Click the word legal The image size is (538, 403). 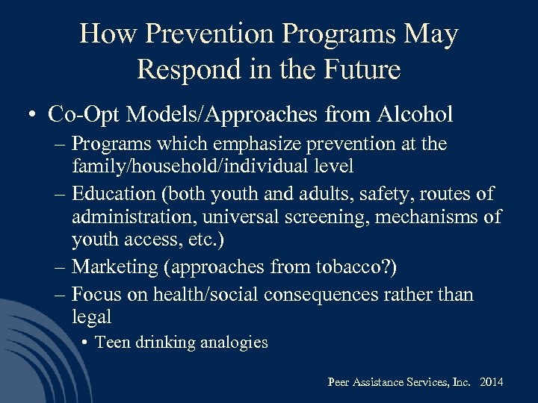91,316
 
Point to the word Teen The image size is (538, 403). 112,342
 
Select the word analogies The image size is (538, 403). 232,342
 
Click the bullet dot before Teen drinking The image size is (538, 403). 87,343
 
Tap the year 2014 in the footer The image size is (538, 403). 491,382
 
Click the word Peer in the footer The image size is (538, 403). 338,382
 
